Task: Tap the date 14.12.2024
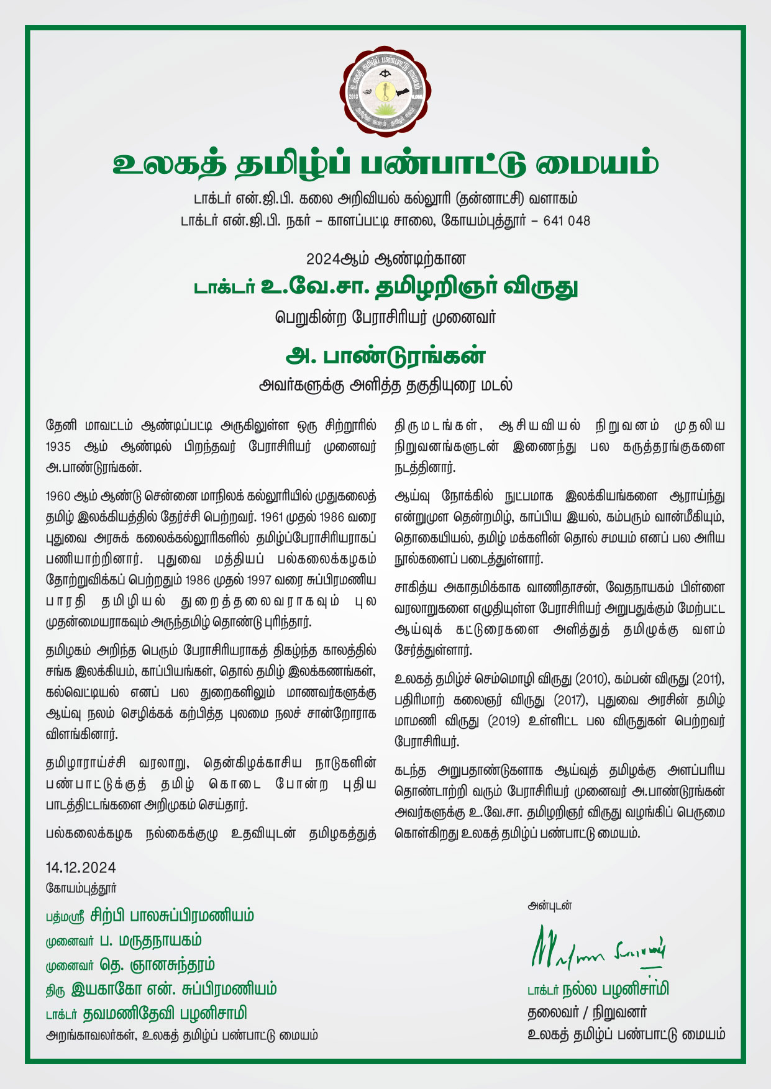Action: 81,867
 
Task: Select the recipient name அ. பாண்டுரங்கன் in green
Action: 385,356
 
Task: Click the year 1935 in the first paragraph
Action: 60,448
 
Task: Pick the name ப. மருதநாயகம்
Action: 151,940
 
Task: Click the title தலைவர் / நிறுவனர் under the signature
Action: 588,1013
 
